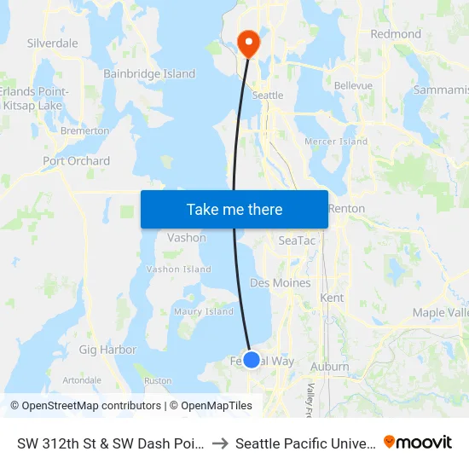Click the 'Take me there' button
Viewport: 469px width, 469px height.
[x=234, y=209]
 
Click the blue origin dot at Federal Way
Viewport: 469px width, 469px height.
[x=252, y=360]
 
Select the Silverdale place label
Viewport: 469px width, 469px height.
[x=53, y=43]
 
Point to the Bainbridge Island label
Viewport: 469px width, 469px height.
[x=149, y=74]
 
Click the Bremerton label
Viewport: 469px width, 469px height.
[x=84, y=130]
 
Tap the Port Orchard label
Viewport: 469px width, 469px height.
[x=77, y=160]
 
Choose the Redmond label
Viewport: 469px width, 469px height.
[x=396, y=34]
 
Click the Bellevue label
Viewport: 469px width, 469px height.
[x=353, y=86]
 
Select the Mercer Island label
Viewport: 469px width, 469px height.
[x=336, y=142]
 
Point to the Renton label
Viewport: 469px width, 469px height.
[x=346, y=208]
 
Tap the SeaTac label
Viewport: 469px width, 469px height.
[x=298, y=241]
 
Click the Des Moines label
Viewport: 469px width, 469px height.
[x=280, y=282]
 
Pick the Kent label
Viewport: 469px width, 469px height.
[x=331, y=298]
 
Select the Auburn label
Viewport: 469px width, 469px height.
[x=330, y=367]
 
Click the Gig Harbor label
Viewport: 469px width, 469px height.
[x=107, y=350]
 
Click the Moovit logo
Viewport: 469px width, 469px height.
[x=418, y=443]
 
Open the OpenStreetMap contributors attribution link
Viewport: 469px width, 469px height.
[x=85, y=406]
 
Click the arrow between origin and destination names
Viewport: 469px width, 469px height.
[x=219, y=443]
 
